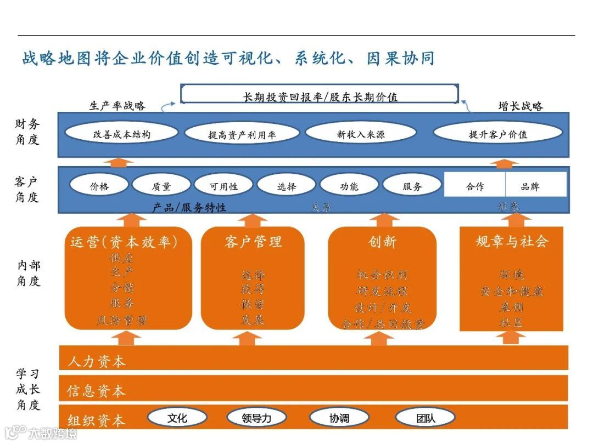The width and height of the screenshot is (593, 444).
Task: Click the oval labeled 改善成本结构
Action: click(121, 134)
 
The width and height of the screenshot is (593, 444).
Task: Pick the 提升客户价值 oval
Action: click(498, 134)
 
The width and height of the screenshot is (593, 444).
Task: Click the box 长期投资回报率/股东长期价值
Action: click(320, 97)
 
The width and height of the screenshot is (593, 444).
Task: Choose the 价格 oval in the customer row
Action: click(99, 186)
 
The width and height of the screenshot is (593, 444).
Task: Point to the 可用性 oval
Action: click(223, 186)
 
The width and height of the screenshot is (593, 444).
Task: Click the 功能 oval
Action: click(349, 186)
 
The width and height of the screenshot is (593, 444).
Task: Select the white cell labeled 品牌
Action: click(530, 186)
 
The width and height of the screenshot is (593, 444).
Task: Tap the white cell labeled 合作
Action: click(475, 186)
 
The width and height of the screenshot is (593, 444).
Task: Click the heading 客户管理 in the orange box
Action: click(253, 242)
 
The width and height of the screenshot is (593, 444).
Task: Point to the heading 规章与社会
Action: click(512, 241)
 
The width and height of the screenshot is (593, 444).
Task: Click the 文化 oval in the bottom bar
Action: click(177, 418)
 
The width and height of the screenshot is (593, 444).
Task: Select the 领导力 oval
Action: click(256, 418)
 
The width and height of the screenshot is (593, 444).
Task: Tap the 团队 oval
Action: click(425, 418)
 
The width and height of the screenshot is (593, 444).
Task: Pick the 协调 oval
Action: click(339, 418)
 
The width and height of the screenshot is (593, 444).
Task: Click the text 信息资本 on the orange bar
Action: click(96, 391)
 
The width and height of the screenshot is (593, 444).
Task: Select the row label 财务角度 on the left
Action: click(27, 132)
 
